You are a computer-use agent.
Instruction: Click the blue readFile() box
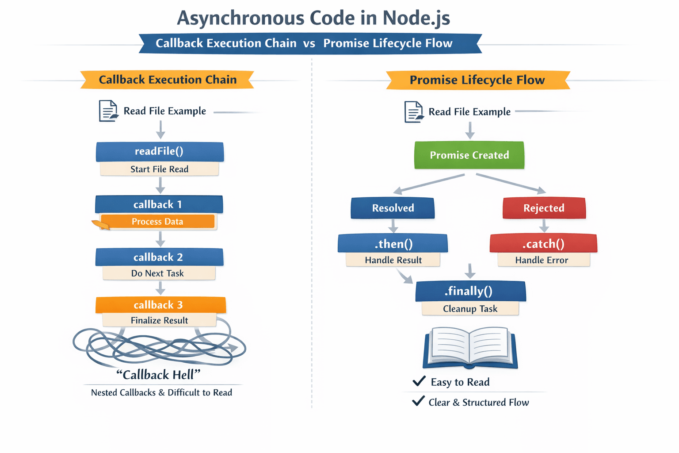[x=160, y=151]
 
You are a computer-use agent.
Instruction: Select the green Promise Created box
[x=469, y=155]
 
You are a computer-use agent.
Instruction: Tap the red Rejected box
[x=544, y=208]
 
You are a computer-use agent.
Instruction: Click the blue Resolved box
[x=393, y=208]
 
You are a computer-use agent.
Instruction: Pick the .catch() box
[x=543, y=244]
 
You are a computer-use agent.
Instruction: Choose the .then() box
[x=393, y=244]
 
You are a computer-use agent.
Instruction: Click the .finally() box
[x=470, y=291]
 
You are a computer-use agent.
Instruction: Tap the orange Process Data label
[x=157, y=222]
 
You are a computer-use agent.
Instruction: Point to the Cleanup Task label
[x=470, y=309]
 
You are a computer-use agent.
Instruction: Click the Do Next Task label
[x=158, y=273]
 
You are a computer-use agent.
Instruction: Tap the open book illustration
[x=470, y=348]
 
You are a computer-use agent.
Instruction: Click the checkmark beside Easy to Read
[x=419, y=381]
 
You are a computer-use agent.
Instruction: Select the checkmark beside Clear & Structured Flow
[x=418, y=401]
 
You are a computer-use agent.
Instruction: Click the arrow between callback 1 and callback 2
[x=160, y=239]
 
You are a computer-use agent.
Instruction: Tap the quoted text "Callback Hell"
[x=158, y=375]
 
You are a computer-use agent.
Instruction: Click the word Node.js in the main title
[x=416, y=18]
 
